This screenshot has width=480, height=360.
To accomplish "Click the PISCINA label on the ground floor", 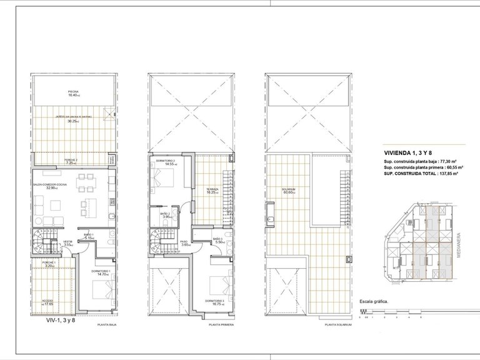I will (73, 92).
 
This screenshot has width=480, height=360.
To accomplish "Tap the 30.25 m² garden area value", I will (73, 121).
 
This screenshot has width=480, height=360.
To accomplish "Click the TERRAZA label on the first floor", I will (211, 191).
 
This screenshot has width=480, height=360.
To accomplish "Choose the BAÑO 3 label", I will (217, 240).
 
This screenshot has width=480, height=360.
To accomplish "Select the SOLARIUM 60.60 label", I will (287, 191).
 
